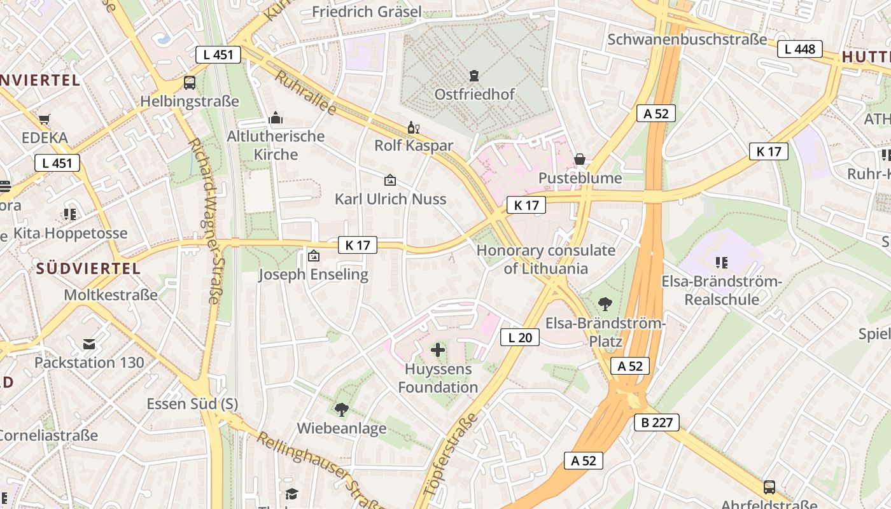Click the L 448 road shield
pyautogui.click(x=800, y=49)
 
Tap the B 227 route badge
pyautogui.click(x=657, y=422)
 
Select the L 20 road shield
pyautogui.click(x=520, y=337)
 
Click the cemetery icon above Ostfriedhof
pyautogui.click(x=474, y=76)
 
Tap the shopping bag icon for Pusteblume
pyautogui.click(x=580, y=159)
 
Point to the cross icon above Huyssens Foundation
pyautogui.click(x=438, y=349)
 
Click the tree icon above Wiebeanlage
pyautogui.click(x=342, y=409)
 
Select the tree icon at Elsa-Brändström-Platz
pyautogui.click(x=605, y=304)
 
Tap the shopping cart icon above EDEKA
pyautogui.click(x=45, y=119)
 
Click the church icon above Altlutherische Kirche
pyautogui.click(x=276, y=118)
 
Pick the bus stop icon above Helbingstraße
pyautogui.click(x=190, y=82)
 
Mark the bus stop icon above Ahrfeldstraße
pyautogui.click(x=769, y=487)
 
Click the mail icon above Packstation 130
pyautogui.click(x=89, y=344)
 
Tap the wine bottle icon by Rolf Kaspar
pyautogui.click(x=414, y=127)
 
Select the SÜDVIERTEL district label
pyautogui.click(x=88, y=268)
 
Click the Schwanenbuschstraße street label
pyautogui.click(x=687, y=39)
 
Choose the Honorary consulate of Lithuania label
pyautogui.click(x=546, y=259)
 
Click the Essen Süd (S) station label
pyautogui.click(x=192, y=404)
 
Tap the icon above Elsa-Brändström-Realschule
pyautogui.click(x=721, y=262)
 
